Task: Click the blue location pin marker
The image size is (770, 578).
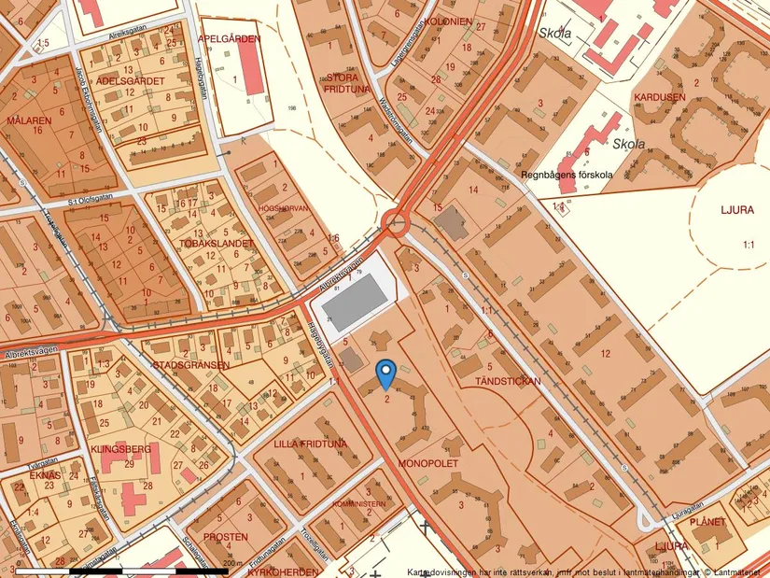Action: pyautogui.click(x=385, y=374)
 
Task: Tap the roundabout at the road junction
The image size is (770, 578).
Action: pyautogui.click(x=397, y=223)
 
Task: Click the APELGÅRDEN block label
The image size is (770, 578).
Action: pyautogui.click(x=230, y=39)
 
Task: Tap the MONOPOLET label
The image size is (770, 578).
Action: pyautogui.click(x=426, y=462)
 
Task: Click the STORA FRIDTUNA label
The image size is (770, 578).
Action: pyautogui.click(x=348, y=83)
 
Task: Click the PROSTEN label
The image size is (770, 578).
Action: pyautogui.click(x=226, y=537)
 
